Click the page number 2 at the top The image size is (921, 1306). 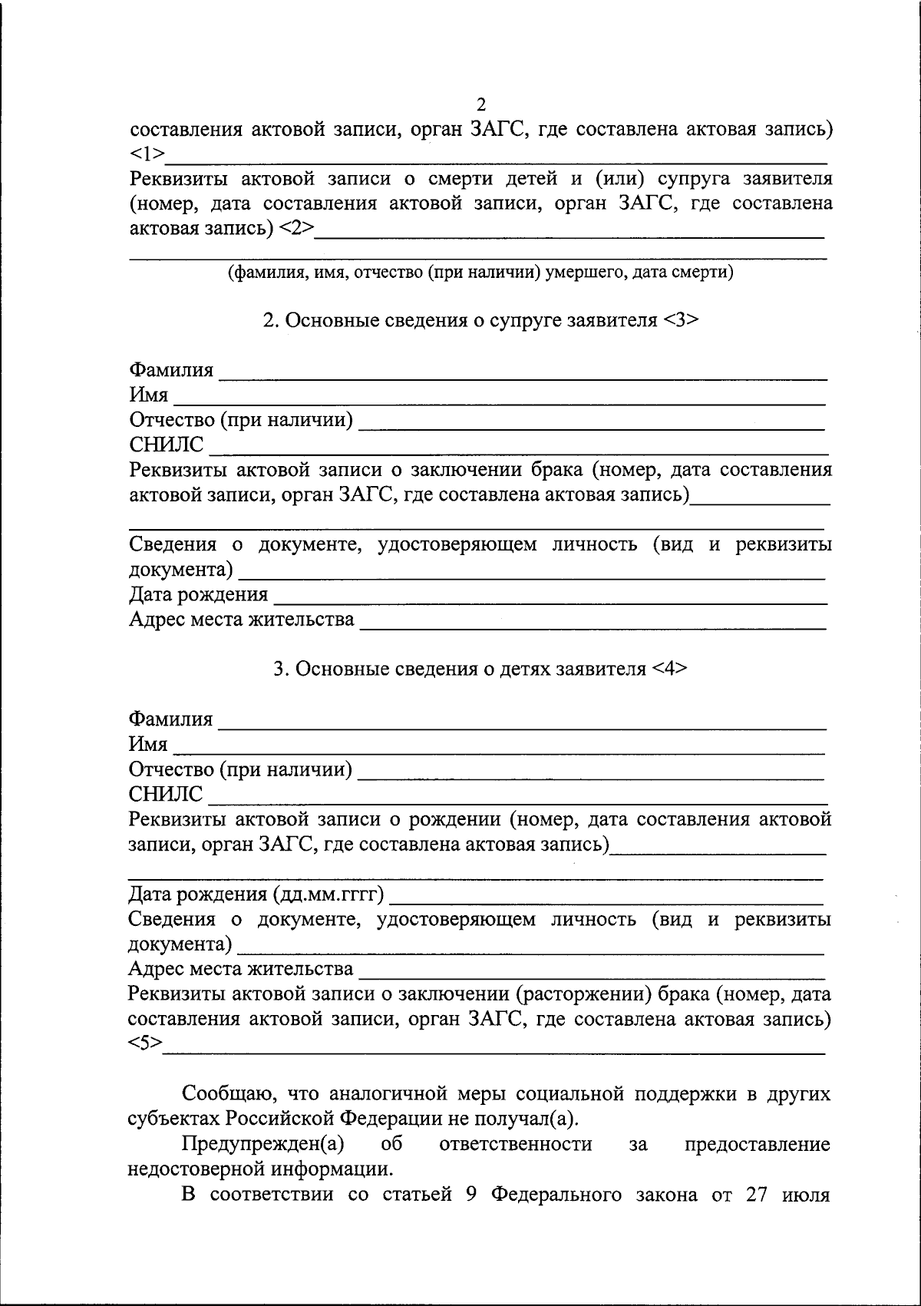pos(481,104)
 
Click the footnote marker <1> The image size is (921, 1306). pos(147,154)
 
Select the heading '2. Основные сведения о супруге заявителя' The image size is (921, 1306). pos(480,320)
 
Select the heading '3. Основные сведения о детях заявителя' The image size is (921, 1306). pos(480,669)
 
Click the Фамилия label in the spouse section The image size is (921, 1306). pos(171,371)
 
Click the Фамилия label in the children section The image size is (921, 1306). pos(170,719)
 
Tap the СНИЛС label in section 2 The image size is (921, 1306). pos(167,445)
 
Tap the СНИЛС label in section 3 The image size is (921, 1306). pos(166,794)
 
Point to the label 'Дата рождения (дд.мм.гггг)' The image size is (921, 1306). pos(256,894)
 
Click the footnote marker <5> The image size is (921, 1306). pos(145,1043)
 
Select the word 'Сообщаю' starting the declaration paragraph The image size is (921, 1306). pos(224,1093)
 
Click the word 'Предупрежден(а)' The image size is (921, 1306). pos(262,1144)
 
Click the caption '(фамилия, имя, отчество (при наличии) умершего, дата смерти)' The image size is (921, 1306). pos(480,272)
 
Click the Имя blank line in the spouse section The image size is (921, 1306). pos(499,398)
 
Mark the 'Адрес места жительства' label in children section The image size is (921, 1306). pos(241,969)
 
